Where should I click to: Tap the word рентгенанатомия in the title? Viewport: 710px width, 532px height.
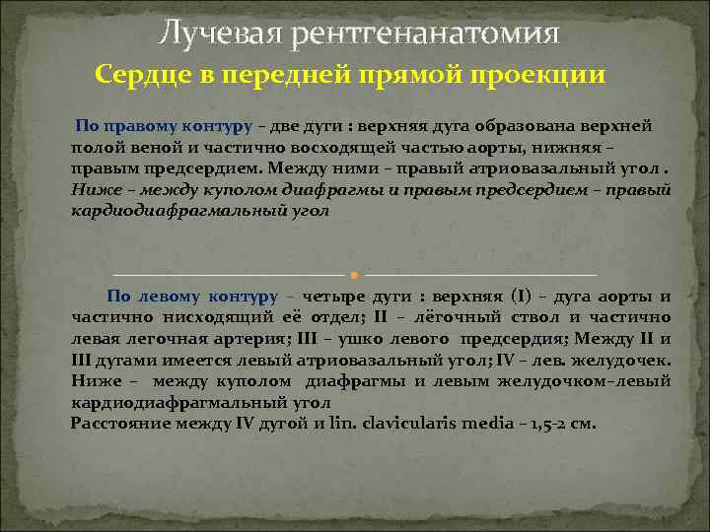(425, 35)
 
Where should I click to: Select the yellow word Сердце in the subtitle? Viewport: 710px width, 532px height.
(140, 76)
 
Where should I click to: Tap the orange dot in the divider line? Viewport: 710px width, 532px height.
(353, 273)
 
